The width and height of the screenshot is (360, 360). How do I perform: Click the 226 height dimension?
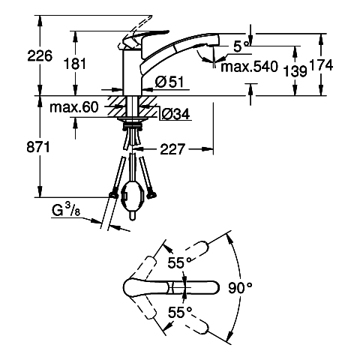[40, 55]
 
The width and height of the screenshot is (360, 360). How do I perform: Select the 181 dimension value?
[75, 64]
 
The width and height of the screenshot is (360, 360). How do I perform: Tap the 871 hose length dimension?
[38, 147]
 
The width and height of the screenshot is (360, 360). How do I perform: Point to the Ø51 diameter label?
[169, 82]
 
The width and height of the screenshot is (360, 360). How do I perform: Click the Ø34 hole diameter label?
[175, 114]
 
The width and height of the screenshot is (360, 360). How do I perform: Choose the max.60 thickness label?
[74, 107]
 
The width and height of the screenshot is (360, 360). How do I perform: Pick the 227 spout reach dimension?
[172, 149]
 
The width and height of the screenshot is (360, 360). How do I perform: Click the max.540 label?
[249, 67]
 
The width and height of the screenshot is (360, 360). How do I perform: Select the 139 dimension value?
[295, 71]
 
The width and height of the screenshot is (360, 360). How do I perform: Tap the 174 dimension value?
[322, 65]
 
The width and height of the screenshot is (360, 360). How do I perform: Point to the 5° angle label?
[241, 46]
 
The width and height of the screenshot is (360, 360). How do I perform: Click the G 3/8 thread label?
[66, 210]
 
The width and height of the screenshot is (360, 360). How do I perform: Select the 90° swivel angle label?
[240, 287]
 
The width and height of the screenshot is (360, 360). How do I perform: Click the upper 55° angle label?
[180, 262]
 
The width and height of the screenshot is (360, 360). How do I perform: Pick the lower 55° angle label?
[180, 312]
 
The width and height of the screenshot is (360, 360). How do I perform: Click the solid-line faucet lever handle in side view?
[144, 37]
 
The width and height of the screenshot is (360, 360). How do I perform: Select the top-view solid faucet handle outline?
[172, 287]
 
